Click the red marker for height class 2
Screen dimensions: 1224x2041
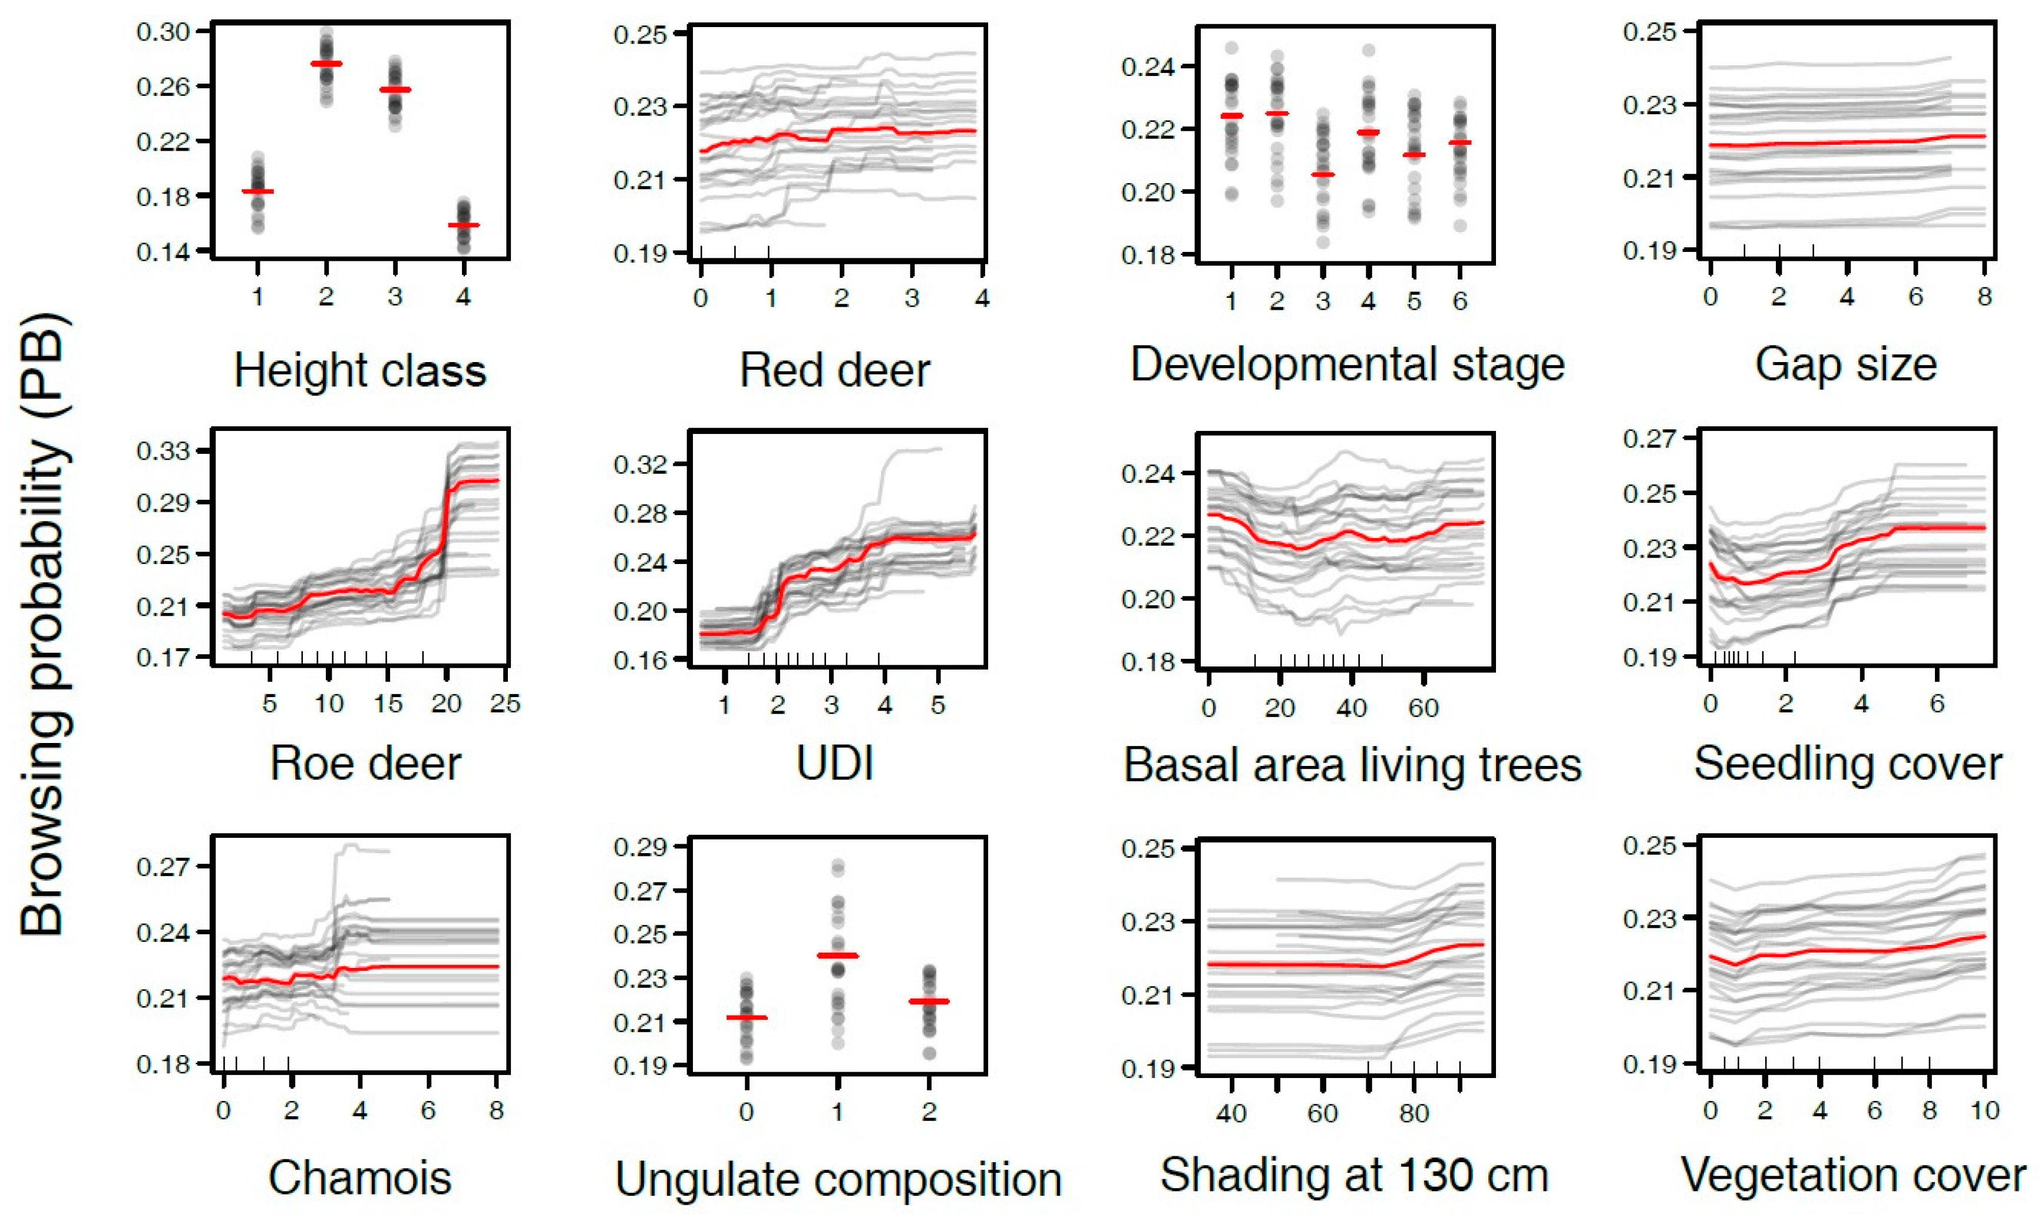pos(326,64)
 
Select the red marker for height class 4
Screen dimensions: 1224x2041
pos(463,224)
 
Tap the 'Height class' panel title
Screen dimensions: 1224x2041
pos(360,370)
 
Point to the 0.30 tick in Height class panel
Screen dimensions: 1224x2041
pos(163,31)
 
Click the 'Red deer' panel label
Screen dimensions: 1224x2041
pos(834,370)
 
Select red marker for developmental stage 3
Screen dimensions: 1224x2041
pos(1322,174)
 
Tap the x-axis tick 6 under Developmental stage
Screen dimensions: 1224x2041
pos(1460,301)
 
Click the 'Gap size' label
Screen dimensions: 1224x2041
pos(1845,364)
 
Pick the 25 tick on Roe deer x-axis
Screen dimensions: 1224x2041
pos(505,704)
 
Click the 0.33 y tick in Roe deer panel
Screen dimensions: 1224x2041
pos(163,450)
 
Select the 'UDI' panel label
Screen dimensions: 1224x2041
pos(834,763)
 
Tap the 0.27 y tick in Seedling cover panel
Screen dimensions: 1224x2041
pos(1650,438)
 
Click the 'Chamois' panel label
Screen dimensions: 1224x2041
pos(360,1177)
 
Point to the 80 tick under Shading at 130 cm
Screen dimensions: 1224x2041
pos(1413,1113)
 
